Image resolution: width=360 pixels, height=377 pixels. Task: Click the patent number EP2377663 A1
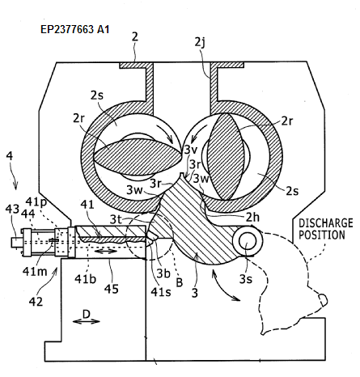click(75, 29)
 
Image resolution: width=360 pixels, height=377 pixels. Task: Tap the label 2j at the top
click(200, 43)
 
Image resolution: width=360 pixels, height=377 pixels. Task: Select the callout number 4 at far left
click(10, 156)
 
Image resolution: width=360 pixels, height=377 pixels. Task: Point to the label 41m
click(35, 271)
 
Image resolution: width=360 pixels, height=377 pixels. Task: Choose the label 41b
click(85, 278)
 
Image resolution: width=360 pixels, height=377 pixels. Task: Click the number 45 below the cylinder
click(112, 289)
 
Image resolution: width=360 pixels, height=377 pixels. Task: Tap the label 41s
click(161, 291)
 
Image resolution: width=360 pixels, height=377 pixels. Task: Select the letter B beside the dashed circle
click(180, 282)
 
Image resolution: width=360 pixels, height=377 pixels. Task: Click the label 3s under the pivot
click(246, 279)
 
